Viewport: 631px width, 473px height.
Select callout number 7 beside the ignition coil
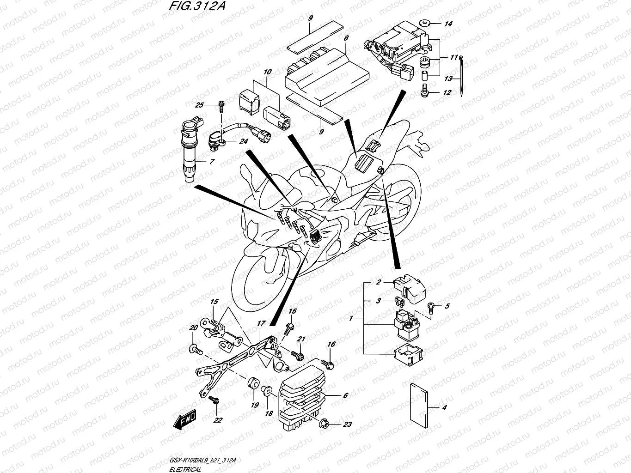[212, 162]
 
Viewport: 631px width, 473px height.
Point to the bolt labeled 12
[424, 91]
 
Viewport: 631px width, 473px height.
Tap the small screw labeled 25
[221, 106]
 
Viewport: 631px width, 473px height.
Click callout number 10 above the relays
[268, 72]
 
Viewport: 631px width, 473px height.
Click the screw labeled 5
[431, 306]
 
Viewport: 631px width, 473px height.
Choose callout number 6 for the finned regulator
[345, 395]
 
